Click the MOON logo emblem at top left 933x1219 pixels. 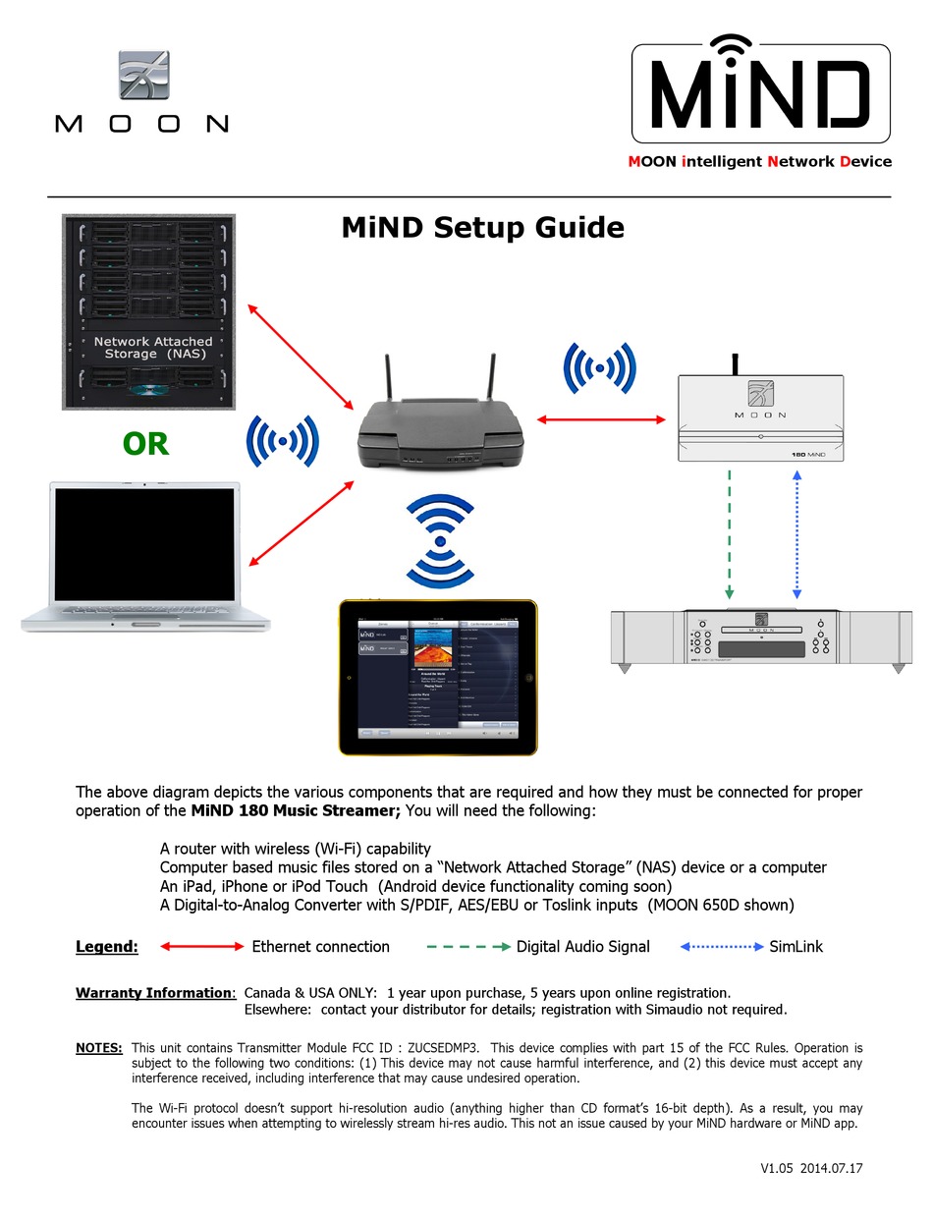click(143, 76)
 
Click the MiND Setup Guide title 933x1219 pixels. click(482, 228)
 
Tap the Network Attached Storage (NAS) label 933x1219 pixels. click(152, 347)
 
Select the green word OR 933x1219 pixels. click(145, 444)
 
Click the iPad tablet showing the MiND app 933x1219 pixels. click(438, 678)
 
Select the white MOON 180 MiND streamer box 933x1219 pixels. click(761, 417)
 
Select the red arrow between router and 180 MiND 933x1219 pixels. click(602, 419)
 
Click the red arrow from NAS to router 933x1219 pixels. click(301, 357)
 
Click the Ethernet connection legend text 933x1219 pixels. click(320, 947)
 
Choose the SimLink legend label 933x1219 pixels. click(796, 947)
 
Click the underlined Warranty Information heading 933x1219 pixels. click(155, 993)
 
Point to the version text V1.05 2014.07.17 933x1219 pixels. click(811, 1169)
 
